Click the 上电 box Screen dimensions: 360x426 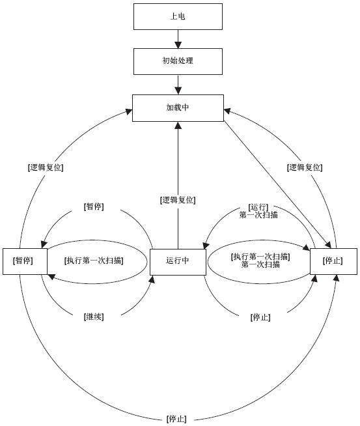(178, 16)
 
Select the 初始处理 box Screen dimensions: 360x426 (178, 61)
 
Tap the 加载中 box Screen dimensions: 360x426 (178, 108)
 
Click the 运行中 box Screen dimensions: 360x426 (178, 261)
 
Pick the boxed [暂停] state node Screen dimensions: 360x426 (25, 261)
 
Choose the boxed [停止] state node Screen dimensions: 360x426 (333, 261)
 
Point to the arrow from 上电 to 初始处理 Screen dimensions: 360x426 (178, 39)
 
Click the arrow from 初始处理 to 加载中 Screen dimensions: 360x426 (178, 85)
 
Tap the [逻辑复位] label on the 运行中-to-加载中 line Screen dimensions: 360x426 (178, 200)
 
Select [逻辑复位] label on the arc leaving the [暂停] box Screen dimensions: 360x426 (46, 167)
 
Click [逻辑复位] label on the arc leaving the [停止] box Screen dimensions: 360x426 (305, 167)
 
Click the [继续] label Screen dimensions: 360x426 (94, 317)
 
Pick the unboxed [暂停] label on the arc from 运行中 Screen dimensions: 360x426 (94, 206)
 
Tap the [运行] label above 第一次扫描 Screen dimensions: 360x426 (258, 208)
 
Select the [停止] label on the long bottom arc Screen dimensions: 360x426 (176, 419)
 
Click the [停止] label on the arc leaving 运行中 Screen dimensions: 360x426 (260, 317)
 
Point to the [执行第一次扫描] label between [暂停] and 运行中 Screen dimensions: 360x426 (94, 261)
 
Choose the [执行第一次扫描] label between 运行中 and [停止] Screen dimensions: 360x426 (260, 257)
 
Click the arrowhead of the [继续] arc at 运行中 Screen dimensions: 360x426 (152, 279)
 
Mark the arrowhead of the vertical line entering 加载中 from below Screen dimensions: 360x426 (178, 125)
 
